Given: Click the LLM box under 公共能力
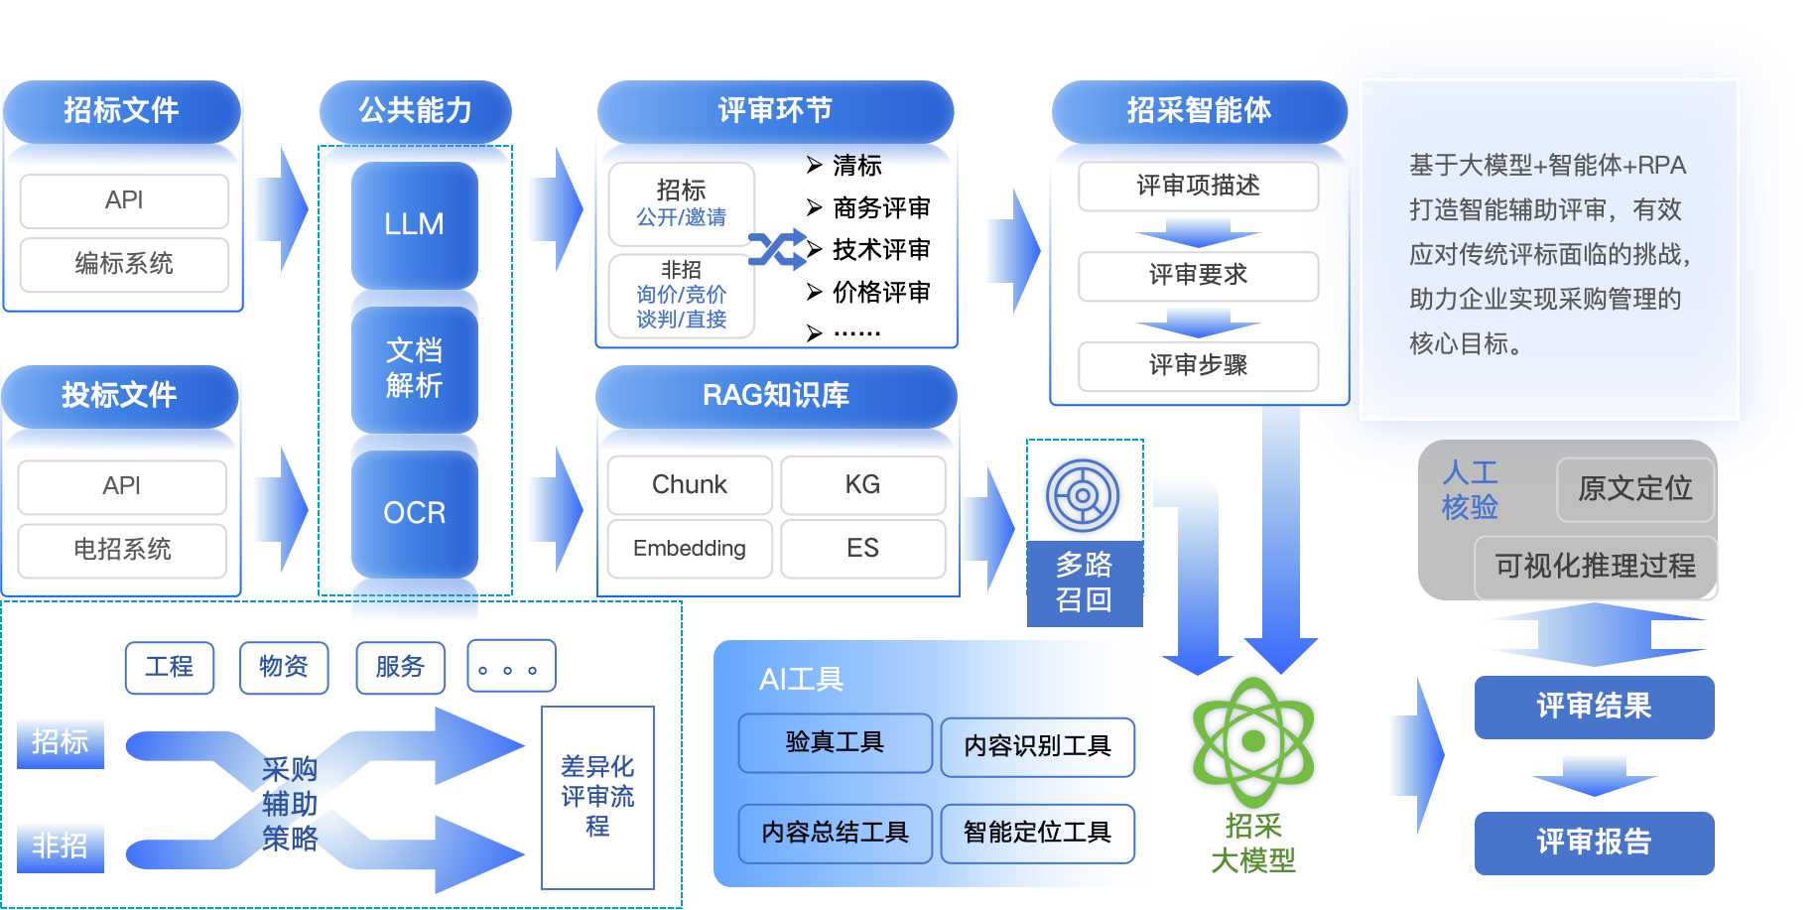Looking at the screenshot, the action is point(414,224).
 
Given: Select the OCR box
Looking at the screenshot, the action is point(414,513).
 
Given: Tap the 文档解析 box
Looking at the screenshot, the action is point(414,368).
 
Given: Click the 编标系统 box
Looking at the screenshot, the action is point(124,264).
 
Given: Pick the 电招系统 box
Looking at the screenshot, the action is point(122,550).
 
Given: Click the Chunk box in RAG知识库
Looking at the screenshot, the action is point(690,484).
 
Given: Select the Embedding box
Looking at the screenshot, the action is point(690,548).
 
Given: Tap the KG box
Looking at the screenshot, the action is point(862,484).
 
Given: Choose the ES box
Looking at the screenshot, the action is point(862,548).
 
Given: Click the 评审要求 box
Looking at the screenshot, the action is point(1198,275).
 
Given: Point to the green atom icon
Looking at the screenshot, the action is point(1253,741).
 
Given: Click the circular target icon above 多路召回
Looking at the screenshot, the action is point(1083,495).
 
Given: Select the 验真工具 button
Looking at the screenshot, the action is point(835,742).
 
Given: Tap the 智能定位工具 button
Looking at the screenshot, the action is point(1037,833).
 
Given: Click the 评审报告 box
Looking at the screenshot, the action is point(1594,843).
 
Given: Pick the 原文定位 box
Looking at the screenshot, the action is point(1635,489).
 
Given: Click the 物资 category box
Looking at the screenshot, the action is point(284,667).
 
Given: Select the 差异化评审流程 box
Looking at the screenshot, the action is point(597,798).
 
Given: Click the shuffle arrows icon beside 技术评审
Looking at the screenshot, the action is point(777,250).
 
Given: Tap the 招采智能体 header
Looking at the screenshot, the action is point(1199,111).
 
